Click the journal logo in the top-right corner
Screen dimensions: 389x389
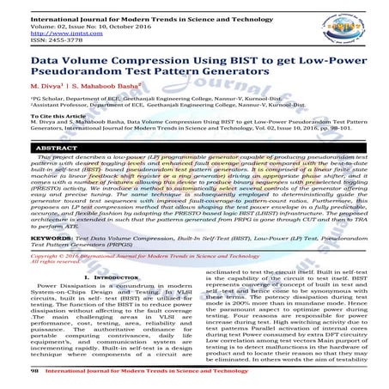(348, 26)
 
